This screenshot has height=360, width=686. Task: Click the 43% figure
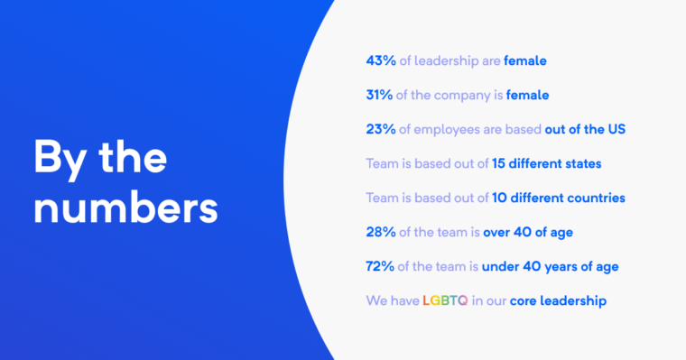click(380, 61)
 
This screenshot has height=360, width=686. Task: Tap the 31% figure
click(379, 95)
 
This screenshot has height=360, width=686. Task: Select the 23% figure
click(380, 129)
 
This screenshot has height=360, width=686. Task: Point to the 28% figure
click(380, 233)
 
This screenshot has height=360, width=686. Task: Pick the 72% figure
click(380, 266)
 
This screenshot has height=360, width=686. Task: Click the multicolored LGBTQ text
click(445, 300)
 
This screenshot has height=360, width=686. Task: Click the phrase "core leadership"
click(558, 300)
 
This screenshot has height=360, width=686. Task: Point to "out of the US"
click(585, 129)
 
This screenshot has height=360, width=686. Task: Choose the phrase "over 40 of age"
click(528, 233)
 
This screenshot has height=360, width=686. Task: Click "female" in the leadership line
click(525, 61)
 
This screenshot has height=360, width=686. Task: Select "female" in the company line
click(528, 95)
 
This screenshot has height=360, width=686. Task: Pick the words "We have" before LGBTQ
click(392, 300)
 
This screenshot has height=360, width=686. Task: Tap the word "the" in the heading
click(133, 157)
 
